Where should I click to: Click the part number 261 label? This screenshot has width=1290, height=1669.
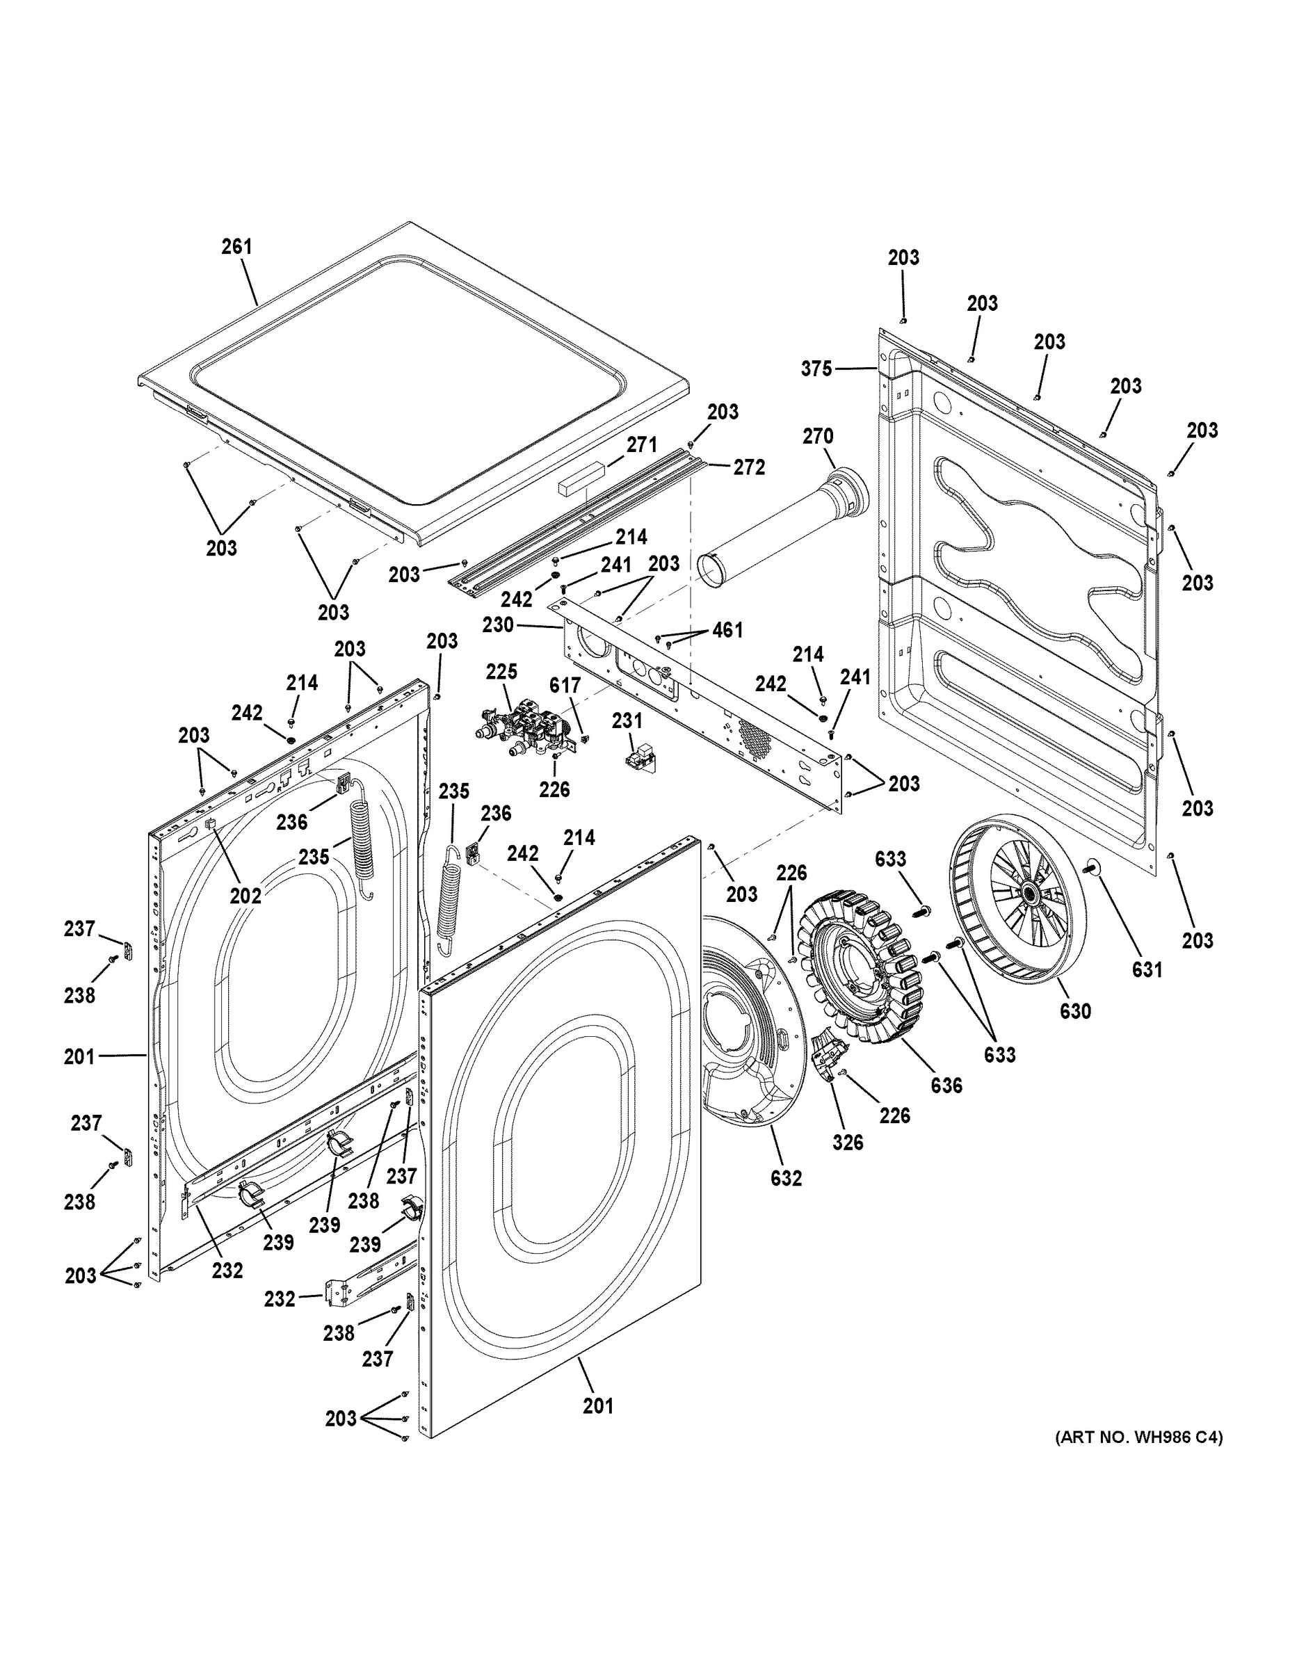pyautogui.click(x=236, y=247)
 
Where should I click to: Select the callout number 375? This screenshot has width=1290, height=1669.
pyautogui.click(x=816, y=369)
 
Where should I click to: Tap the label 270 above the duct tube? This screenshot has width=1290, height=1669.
pyautogui.click(x=818, y=436)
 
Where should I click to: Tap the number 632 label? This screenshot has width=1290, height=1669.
pyautogui.click(x=787, y=1179)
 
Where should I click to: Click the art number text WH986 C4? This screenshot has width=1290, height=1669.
pyautogui.click(x=1138, y=1437)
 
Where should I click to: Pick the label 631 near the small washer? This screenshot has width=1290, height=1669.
pyautogui.click(x=1147, y=970)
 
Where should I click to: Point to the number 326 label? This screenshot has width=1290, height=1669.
pyautogui.click(x=848, y=1143)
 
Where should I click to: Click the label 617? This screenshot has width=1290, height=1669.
pyautogui.click(x=565, y=686)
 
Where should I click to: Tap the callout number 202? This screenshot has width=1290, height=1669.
pyautogui.click(x=246, y=896)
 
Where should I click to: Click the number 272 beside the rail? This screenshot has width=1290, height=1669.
pyautogui.click(x=749, y=467)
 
